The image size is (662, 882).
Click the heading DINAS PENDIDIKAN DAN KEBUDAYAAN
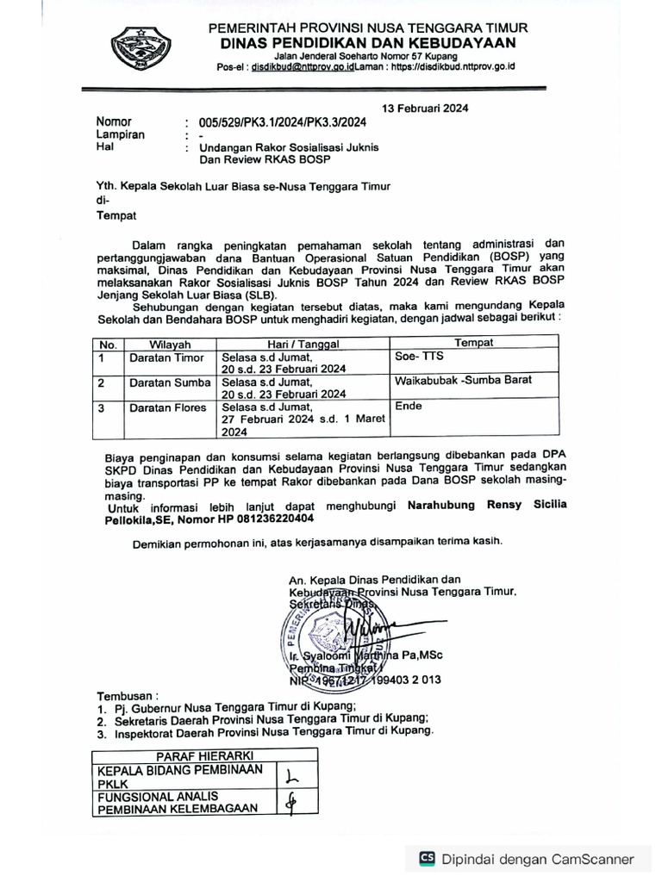(367, 43)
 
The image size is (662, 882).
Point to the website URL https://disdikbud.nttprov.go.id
(452, 67)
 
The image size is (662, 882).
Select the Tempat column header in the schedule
(474, 343)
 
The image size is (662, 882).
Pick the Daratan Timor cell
(167, 357)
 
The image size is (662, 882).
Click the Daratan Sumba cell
(170, 382)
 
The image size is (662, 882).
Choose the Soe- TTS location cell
(417, 355)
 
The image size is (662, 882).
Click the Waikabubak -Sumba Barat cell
(463, 380)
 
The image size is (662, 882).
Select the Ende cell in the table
(409, 406)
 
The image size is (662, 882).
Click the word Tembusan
(128, 694)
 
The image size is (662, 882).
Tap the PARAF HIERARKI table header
(205, 755)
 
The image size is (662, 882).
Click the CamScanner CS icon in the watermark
(427, 858)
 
